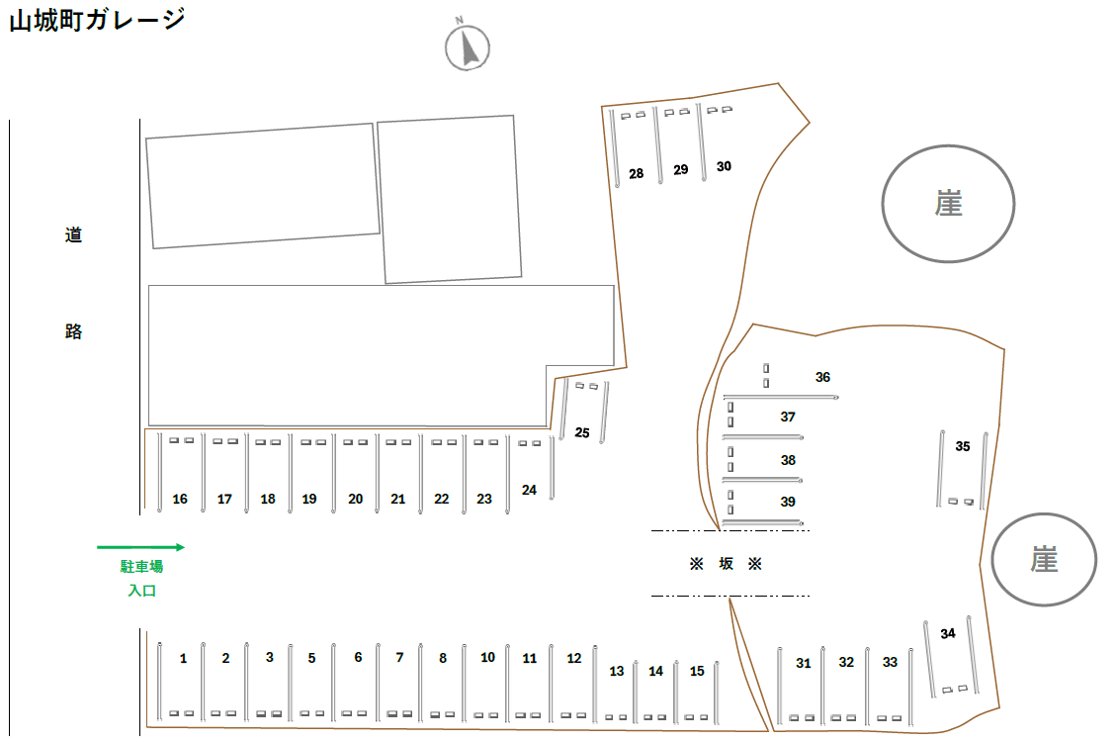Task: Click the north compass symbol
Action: click(468, 46)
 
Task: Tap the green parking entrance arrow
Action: click(140, 546)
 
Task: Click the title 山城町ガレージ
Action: click(97, 20)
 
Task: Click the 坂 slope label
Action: click(727, 564)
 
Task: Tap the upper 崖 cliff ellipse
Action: click(949, 204)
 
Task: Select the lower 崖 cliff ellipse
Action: click(1045, 560)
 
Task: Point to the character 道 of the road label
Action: click(73, 235)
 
